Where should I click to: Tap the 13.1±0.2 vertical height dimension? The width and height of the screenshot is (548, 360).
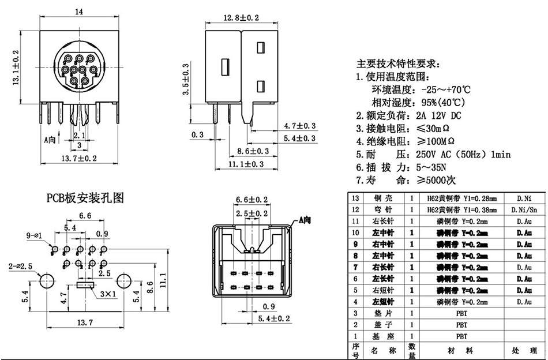(16, 67)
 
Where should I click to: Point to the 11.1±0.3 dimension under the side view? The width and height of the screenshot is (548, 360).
(246, 164)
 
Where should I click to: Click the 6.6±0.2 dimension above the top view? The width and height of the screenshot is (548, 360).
(252, 200)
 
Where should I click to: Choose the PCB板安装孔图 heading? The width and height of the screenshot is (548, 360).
(85, 198)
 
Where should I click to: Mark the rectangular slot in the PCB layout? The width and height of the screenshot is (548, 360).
(85, 285)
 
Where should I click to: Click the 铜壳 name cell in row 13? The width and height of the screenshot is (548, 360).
(380, 198)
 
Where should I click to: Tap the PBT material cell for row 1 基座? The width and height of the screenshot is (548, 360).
(461, 335)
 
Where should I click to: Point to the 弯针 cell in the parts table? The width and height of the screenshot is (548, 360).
(380, 209)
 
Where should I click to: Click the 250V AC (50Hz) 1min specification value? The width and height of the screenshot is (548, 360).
(463, 155)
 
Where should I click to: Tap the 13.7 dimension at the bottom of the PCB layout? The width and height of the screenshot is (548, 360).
(85, 322)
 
